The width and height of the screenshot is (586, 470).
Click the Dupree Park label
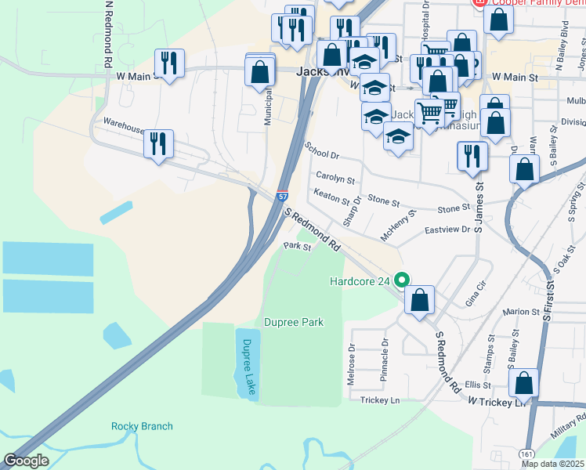294,322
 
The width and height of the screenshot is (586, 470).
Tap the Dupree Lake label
247,364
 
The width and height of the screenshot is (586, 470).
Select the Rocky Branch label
142,426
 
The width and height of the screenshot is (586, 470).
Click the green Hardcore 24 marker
403,279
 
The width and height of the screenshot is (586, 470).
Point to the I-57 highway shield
282,197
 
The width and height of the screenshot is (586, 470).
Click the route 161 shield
526,454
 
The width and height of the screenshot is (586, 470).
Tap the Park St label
298,247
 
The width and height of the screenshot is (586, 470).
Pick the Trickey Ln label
380,400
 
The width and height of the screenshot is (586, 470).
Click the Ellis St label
476,385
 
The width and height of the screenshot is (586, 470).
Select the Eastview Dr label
447,230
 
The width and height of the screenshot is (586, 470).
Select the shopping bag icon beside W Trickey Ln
523,383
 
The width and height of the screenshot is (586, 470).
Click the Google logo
27,461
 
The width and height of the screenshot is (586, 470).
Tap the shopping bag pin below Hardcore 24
420,298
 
